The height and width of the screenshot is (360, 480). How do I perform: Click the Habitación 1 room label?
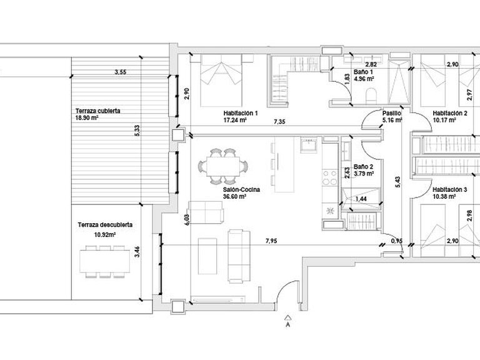pyautogui.click(x=240, y=113)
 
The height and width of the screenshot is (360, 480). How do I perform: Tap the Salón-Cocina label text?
pyautogui.click(x=241, y=190)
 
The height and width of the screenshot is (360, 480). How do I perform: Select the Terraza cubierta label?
pyautogui.click(x=98, y=111)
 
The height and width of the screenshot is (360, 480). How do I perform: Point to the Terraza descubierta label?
pyautogui.click(x=105, y=225)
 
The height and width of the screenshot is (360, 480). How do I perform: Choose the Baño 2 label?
pyautogui.click(x=363, y=167)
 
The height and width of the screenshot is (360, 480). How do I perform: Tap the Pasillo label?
pyautogui.click(x=392, y=113)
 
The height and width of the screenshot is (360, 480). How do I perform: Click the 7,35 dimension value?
pyautogui.click(x=279, y=121)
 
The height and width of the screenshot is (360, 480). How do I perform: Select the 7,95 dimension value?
pyautogui.click(x=271, y=241)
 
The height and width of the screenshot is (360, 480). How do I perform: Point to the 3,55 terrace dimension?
pyautogui.click(x=120, y=72)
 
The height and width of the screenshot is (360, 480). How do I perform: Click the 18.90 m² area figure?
pyautogui.click(x=87, y=118)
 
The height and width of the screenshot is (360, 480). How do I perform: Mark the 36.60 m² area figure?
pyautogui.click(x=235, y=196)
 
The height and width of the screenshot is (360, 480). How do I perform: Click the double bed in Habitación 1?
pyautogui.click(x=221, y=81)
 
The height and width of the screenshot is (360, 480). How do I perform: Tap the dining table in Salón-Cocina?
pyautogui.click(x=223, y=166)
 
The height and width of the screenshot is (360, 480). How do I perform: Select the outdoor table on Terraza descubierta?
pyautogui.click(x=105, y=261)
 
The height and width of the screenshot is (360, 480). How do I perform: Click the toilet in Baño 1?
pyautogui.click(x=371, y=96)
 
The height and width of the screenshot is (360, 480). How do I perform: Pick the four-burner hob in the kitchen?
pyautogui.click(x=330, y=177)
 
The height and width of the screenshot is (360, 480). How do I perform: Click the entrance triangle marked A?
pyautogui.click(x=287, y=317)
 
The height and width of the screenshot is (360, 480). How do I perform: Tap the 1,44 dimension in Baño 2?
pyautogui.click(x=361, y=199)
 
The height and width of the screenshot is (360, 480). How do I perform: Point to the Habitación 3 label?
pyautogui.click(x=450, y=190)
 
